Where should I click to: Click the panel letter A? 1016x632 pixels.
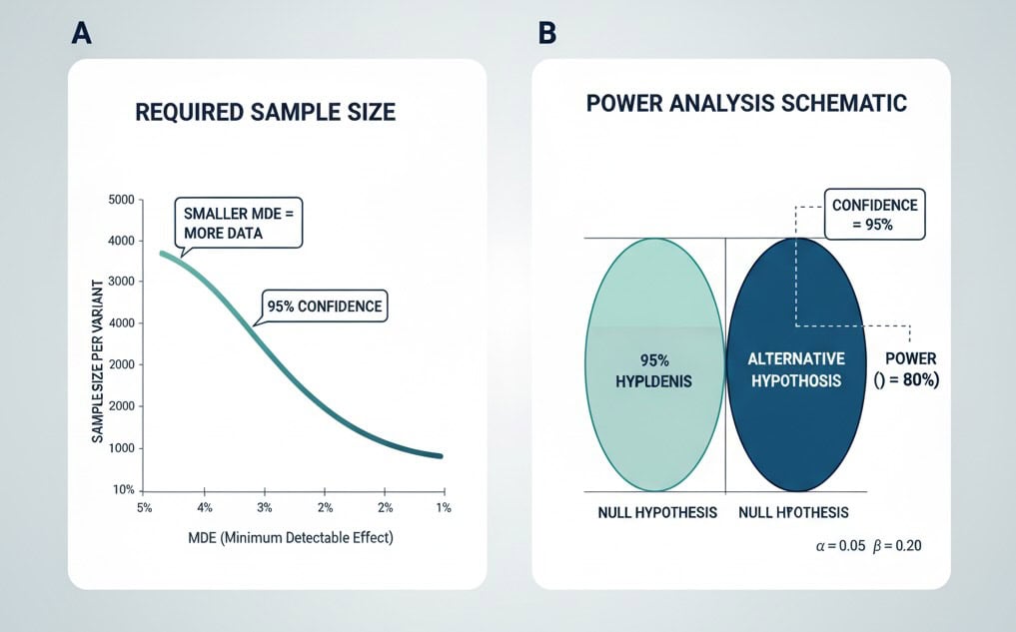[81, 33]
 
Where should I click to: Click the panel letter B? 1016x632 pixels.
[546, 33]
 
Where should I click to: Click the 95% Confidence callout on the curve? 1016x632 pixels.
[324, 306]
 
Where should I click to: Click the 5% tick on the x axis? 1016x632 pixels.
[145, 508]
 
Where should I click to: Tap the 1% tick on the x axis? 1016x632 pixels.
[444, 508]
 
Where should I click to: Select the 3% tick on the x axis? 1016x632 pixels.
[265, 508]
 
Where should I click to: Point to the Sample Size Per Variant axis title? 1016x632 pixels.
[101, 344]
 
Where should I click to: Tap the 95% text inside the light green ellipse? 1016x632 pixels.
[654, 359]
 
